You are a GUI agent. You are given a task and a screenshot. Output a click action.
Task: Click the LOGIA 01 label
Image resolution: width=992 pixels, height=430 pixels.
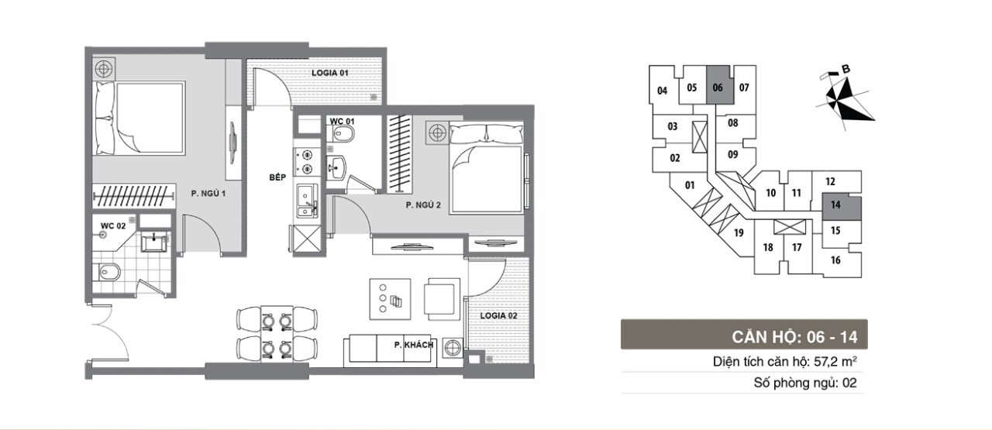[x=330, y=73]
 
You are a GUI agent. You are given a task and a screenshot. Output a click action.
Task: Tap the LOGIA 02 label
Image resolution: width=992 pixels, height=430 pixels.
[x=498, y=316]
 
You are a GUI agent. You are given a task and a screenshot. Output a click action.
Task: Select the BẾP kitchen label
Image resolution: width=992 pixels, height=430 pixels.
[x=277, y=177]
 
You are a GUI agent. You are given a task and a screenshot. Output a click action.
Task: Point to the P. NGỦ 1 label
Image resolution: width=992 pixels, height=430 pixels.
[x=208, y=194]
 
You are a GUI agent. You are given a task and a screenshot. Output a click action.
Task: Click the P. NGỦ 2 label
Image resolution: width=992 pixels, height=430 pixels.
[x=423, y=205]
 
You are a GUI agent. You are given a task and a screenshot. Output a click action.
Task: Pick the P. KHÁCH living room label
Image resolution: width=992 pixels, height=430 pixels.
[x=414, y=345]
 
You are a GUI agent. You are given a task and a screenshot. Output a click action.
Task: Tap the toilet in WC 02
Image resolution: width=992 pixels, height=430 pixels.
[x=107, y=272]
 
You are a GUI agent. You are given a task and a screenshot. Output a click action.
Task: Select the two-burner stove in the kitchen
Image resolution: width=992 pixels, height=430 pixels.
[x=306, y=162]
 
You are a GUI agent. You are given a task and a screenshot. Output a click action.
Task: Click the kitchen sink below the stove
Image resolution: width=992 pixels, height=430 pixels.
[x=307, y=201]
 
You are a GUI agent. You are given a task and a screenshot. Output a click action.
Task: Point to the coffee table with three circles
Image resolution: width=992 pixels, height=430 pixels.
[x=390, y=299]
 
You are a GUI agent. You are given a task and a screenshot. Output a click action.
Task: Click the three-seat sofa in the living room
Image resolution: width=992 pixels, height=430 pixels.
[x=390, y=350]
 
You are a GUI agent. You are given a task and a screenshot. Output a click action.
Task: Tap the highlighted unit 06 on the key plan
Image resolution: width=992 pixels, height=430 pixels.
[x=718, y=85]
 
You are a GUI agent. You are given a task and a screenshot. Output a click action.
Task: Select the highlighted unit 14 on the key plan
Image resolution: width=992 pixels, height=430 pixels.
[x=842, y=206]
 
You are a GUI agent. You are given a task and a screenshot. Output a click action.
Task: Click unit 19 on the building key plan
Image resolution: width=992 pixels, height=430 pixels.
[x=739, y=233]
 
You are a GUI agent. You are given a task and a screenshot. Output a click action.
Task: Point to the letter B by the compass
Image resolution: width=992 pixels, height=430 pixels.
[x=846, y=70]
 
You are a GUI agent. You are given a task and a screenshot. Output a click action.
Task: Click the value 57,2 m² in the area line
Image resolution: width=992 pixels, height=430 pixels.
[x=835, y=362]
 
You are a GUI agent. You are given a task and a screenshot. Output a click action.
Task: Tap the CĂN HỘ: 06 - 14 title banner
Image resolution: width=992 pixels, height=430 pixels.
[x=744, y=335]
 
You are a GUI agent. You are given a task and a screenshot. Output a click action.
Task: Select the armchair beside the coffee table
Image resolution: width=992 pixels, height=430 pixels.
[x=442, y=298]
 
